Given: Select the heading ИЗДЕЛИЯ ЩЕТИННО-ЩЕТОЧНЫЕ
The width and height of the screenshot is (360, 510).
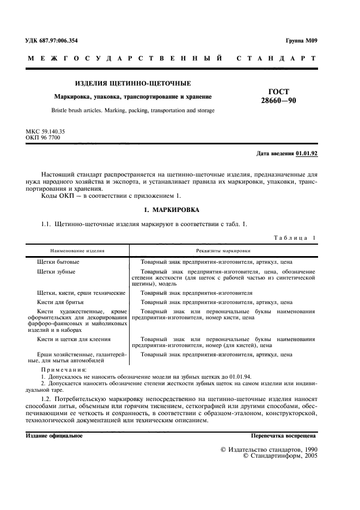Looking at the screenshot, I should pyautogui.click(x=132, y=83).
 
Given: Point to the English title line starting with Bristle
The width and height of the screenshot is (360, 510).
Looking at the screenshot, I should pyautogui.click(x=132, y=110).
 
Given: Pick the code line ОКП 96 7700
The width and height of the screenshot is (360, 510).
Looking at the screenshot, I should pyautogui.click(x=43, y=138).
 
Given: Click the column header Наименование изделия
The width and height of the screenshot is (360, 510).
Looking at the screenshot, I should pyautogui.click(x=77, y=251).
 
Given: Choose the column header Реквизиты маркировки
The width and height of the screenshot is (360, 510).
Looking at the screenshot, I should pyautogui.click(x=223, y=251).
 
